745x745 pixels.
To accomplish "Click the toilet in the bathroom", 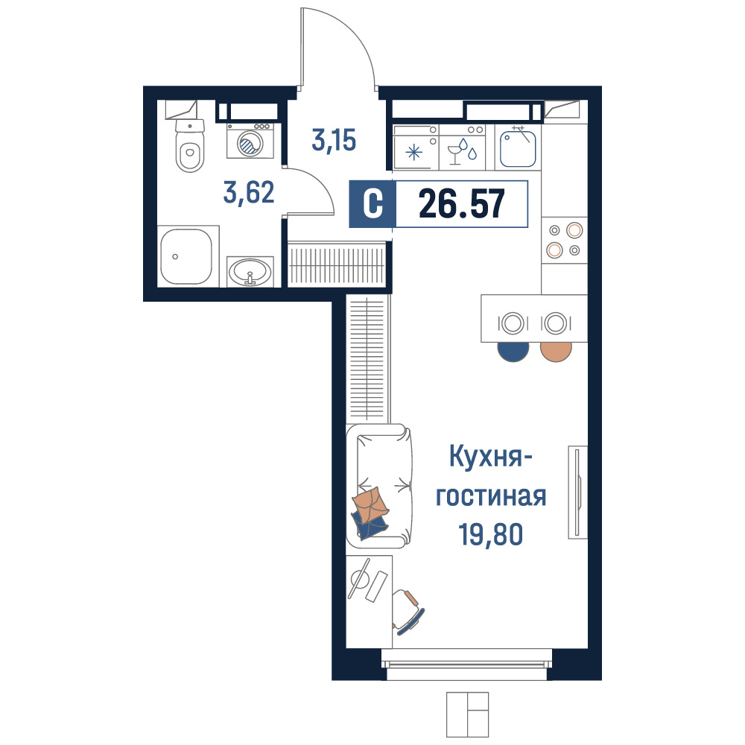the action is [190, 145].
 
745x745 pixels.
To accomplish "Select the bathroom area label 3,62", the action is [249, 193].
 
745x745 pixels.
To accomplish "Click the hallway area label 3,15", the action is [334, 140].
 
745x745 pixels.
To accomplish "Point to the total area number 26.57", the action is [461, 204].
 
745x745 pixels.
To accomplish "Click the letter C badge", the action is [372, 204].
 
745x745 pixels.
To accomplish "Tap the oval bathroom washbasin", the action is [250, 272].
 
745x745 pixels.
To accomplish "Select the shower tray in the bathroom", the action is [186, 256].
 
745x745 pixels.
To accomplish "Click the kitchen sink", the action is [518, 148].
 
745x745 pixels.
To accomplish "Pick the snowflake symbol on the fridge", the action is [413, 153].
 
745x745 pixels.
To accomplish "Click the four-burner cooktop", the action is [565, 240].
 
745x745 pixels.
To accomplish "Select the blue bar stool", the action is [513, 352].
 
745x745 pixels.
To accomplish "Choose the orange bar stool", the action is [556, 352].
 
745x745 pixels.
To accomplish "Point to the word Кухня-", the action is [490, 457].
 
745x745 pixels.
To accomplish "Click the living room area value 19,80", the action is [490, 534].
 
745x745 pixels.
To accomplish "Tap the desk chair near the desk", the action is [408, 612].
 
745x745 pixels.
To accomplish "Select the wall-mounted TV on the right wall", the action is [578, 492].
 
